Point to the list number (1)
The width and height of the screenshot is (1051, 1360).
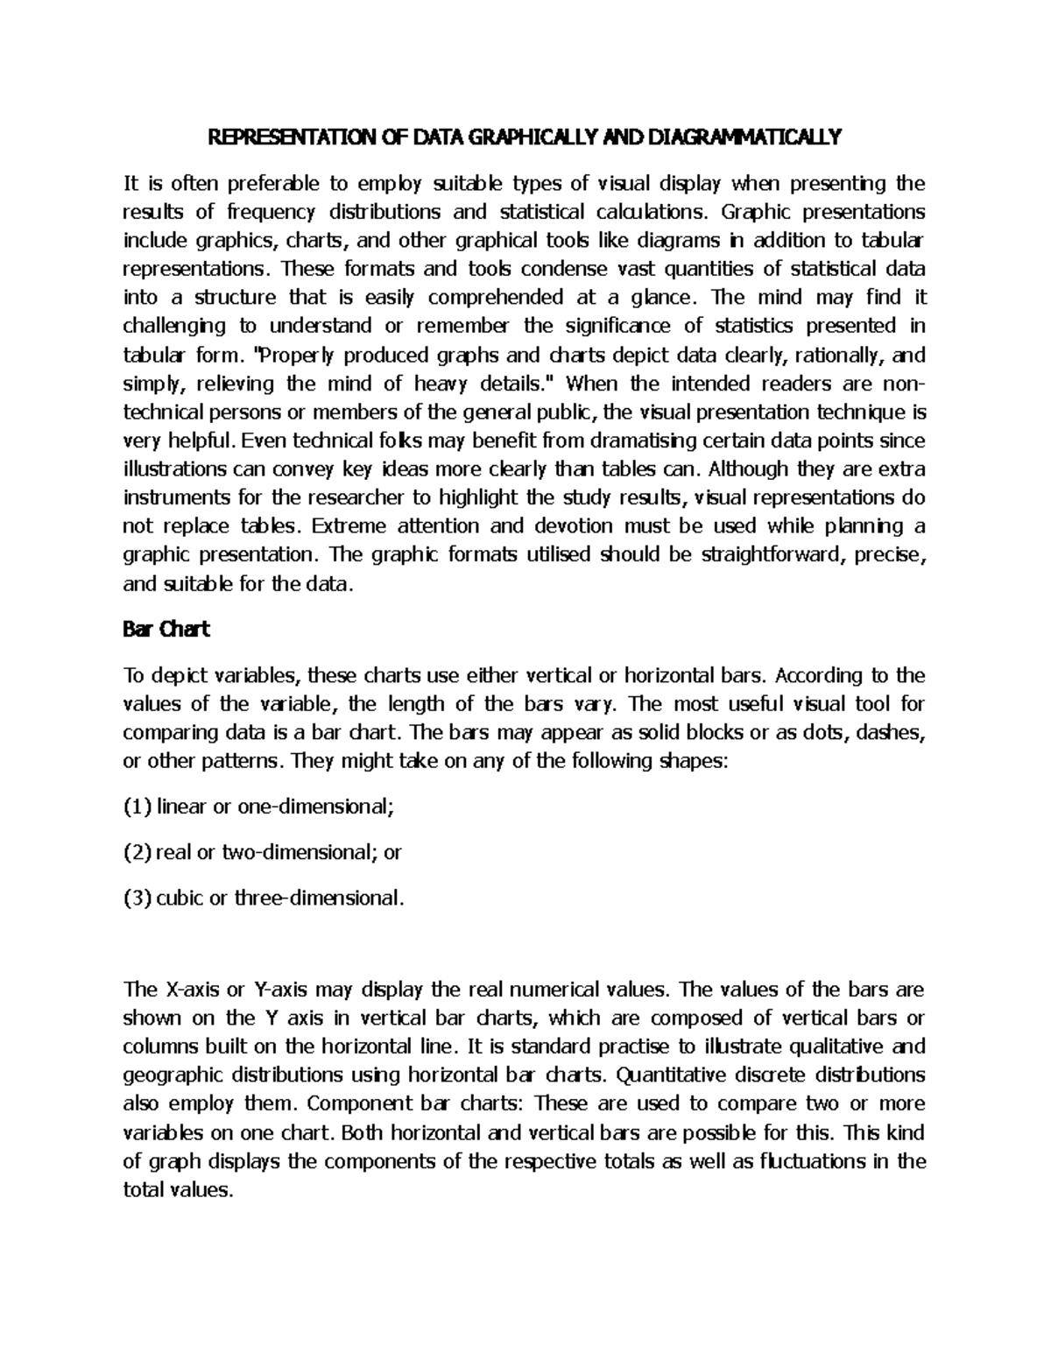[138, 807]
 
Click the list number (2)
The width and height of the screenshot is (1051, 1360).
[138, 852]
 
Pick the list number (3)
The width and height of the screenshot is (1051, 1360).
[138, 898]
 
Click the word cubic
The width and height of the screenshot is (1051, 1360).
[180, 898]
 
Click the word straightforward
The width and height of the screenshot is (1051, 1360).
[767, 554]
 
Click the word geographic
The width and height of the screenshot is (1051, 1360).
[174, 1075]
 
